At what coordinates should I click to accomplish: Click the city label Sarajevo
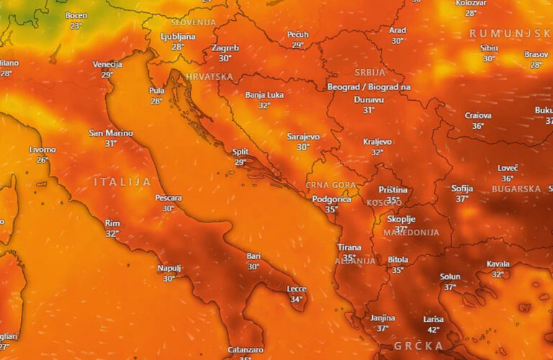[303, 136]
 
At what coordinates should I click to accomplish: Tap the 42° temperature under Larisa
[433, 330]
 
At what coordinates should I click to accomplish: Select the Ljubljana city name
[178, 36]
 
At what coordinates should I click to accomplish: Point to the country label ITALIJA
[122, 182]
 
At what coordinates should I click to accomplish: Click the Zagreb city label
[225, 48]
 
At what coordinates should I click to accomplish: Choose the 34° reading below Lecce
[296, 299]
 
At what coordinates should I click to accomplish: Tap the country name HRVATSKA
[209, 76]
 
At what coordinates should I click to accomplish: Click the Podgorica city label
[331, 199]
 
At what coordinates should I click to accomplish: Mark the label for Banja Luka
[264, 95]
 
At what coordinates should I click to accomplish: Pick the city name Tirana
[349, 248]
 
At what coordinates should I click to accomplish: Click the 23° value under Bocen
[76, 26]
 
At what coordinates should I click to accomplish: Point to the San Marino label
[110, 133]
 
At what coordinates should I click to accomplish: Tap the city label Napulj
[169, 269]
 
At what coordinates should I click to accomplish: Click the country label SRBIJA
[369, 73]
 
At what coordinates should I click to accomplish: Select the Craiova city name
[478, 115]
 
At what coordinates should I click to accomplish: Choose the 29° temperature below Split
[240, 162]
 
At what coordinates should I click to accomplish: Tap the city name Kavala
[498, 264]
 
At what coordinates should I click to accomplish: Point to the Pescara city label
[168, 198]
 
